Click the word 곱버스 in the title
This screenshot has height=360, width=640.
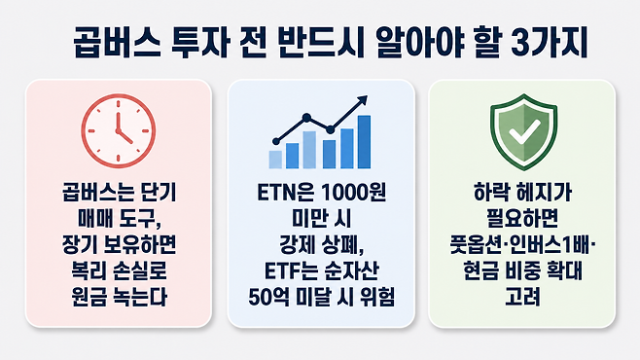coord(117,43)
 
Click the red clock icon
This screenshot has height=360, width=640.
coord(119,131)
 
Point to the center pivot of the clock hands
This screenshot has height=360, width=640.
coord(119,131)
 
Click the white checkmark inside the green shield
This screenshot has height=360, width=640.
coord(523,131)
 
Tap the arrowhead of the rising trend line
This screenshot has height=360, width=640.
coord(363,100)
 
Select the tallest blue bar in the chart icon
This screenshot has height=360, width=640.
coord(364,142)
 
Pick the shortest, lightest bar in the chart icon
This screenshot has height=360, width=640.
coord(275,160)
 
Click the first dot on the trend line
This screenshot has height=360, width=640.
coord(276,142)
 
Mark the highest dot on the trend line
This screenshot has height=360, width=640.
coord(306,118)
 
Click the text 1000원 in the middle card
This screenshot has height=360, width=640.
coord(353,193)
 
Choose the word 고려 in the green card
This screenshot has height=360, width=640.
coord(522,298)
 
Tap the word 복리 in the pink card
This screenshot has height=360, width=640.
coord(89,271)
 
